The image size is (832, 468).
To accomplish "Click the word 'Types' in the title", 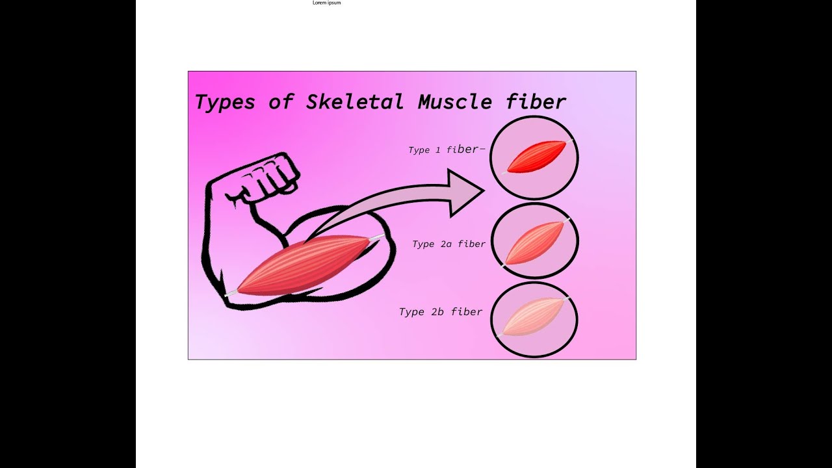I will (x=224, y=102).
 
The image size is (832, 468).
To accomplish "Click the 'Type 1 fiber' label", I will (x=447, y=149).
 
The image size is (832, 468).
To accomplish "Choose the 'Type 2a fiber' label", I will (x=448, y=244).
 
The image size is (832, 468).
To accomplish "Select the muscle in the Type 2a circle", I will (x=534, y=242).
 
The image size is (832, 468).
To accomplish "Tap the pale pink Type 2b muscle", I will (x=533, y=318).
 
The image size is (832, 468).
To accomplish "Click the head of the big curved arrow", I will (x=468, y=191).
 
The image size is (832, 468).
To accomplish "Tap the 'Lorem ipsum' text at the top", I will (x=326, y=3).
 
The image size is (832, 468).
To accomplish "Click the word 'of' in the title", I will (x=281, y=102).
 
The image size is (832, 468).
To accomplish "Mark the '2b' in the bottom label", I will (x=437, y=312).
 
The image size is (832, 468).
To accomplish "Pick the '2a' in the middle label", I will (x=447, y=244).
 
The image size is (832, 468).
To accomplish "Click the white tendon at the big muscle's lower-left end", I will (x=230, y=294).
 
